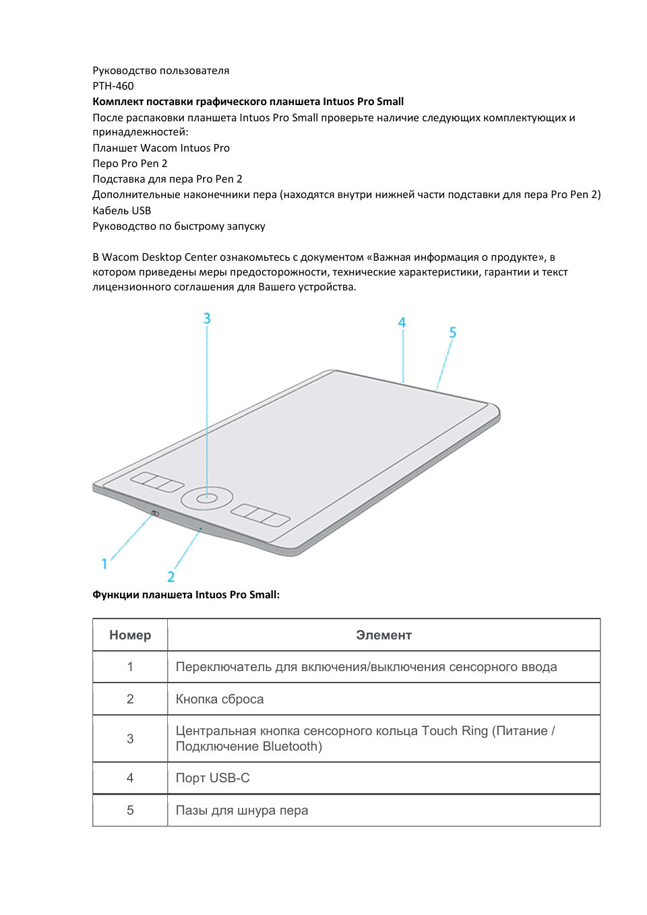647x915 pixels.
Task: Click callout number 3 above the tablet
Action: [207, 318]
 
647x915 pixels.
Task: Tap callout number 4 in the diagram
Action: [402, 323]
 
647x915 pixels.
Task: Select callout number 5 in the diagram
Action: [453, 333]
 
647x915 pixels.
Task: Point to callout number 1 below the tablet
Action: [104, 563]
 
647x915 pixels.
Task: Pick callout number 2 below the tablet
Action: [171, 577]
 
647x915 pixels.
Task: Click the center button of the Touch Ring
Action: [207, 498]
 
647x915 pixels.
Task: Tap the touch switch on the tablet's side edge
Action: [155, 513]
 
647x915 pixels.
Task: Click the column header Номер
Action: [130, 635]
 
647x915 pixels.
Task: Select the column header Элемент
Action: [383, 635]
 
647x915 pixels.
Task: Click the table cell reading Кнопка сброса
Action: [220, 699]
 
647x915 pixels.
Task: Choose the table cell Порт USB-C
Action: [212, 778]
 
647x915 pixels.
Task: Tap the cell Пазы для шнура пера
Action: [242, 811]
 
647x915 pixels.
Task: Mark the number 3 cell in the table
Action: [130, 739]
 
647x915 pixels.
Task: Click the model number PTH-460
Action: [113, 86]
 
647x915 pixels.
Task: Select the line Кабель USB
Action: [122, 211]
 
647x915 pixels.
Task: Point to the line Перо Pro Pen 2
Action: [130, 164]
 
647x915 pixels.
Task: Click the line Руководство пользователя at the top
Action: [161, 71]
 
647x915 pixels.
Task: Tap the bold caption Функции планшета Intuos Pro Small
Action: [186, 595]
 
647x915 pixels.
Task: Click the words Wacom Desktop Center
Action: [160, 257]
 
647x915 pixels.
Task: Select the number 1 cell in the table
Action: [130, 667]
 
